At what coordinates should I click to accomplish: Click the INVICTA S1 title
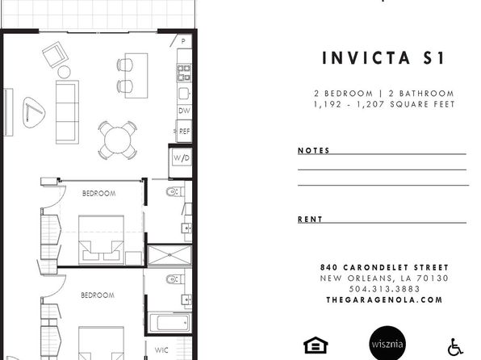tap(383, 57)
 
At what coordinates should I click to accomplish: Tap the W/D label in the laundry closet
tap(182, 158)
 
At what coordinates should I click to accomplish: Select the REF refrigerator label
tap(184, 132)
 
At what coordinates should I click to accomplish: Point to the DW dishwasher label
tap(184, 111)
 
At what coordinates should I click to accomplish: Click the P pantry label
tap(183, 41)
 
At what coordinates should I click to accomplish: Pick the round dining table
tap(118, 140)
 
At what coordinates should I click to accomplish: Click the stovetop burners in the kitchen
tap(184, 73)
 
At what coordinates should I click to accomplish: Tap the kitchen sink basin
tap(184, 94)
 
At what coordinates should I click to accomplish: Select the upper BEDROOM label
tap(99, 194)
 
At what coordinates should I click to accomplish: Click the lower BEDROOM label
tap(98, 295)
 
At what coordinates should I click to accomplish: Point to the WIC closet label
tap(161, 350)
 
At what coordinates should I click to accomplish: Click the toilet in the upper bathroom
tap(175, 192)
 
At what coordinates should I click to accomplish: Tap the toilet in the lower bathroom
tap(175, 279)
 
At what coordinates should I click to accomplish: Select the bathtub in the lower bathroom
tap(169, 323)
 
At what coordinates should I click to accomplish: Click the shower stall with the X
tap(169, 255)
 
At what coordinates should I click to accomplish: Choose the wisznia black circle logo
tap(387, 344)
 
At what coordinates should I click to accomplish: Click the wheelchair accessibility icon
tap(455, 347)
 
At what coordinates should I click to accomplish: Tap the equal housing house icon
tap(316, 345)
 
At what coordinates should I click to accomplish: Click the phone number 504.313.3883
tap(384, 289)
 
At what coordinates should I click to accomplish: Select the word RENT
tap(310, 219)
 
